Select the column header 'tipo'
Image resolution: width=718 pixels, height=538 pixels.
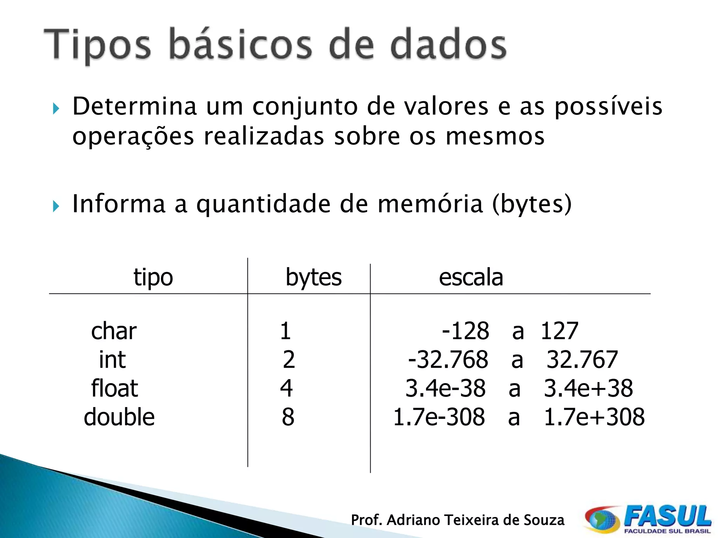coord(153,277)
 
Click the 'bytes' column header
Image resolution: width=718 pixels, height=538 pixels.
coord(313,277)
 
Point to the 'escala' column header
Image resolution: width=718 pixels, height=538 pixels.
coord(471,277)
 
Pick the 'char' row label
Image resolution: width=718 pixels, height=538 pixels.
coord(114,331)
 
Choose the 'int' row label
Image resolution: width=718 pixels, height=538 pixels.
coord(112,360)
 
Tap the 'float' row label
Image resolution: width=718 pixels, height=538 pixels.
coord(115,388)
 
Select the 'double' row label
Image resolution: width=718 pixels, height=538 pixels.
coord(119,417)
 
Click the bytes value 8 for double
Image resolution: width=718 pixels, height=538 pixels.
coord(288,417)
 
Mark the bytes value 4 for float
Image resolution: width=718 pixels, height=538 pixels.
coord(286,388)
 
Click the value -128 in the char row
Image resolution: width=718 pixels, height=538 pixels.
coord(465,331)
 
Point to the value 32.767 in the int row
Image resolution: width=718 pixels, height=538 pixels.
coord(582,360)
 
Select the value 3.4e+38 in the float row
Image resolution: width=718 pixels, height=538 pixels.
coord(588,388)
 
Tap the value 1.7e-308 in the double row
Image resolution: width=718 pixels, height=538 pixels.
coord(439,417)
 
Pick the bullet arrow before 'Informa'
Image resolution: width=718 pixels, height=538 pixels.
coord(56,206)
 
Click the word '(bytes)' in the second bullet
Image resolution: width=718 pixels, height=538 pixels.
coord(532,204)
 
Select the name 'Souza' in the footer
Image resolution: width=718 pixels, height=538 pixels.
coord(544,520)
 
